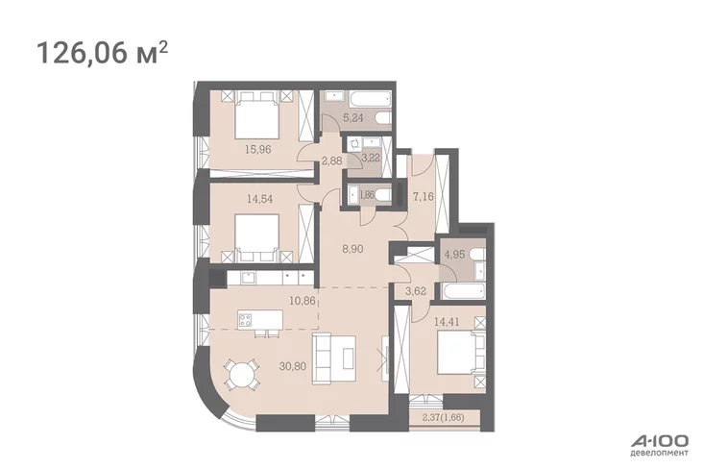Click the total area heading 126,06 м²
[103, 53]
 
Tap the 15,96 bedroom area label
[258, 150]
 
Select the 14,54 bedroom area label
[259, 198]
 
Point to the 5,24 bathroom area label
[352, 118]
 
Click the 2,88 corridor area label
[331, 161]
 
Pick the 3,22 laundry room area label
[371, 158]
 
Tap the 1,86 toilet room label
[367, 195]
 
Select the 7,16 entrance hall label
[424, 196]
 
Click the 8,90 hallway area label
[352, 249]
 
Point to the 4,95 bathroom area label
[454, 255]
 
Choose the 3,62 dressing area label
[416, 291]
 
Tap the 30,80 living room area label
[293, 366]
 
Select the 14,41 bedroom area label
[447, 321]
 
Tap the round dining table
[242, 374]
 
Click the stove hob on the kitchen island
[245, 320]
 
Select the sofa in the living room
[334, 358]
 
